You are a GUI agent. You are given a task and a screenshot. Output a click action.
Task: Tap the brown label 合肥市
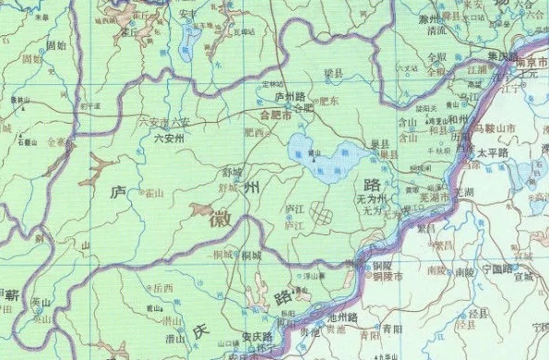point(275,117)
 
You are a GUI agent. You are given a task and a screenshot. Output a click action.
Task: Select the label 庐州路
point(290,95)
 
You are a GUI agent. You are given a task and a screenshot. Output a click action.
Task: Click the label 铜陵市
point(387,275)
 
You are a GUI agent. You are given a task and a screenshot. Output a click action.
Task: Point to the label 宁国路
point(499,269)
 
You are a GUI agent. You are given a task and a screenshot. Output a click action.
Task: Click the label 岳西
point(163,288)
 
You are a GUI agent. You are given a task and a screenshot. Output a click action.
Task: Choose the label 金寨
point(56,143)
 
